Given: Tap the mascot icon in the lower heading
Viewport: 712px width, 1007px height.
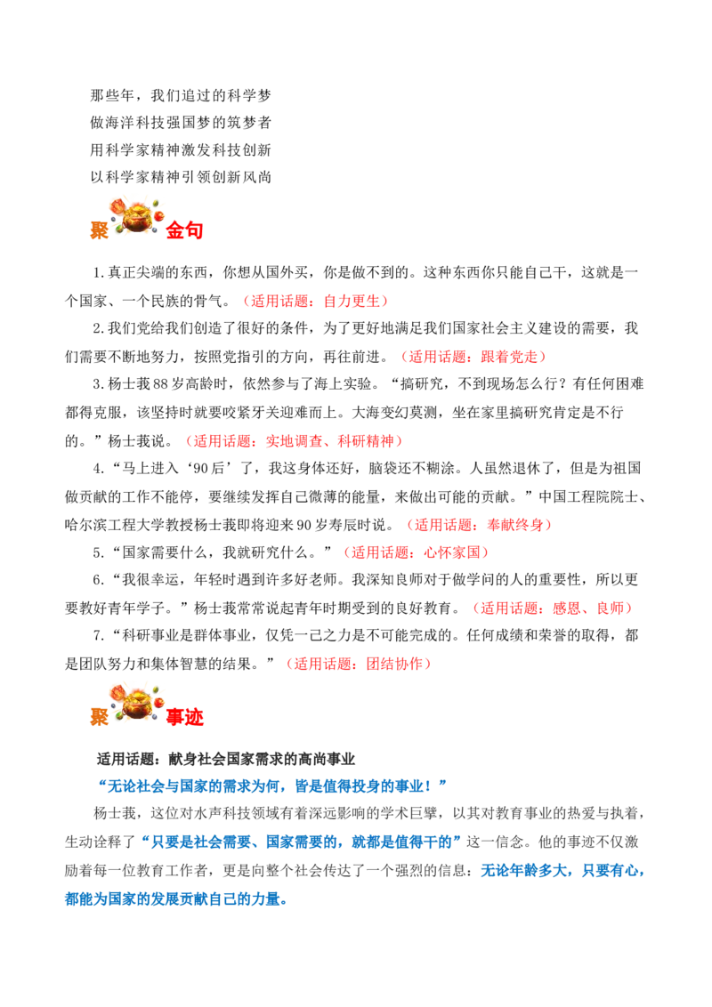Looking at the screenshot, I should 133,703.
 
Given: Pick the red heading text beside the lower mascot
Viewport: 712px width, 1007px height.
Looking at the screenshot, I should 185,718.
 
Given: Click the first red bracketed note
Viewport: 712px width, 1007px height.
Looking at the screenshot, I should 316,302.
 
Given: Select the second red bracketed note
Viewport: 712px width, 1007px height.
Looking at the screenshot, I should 473,357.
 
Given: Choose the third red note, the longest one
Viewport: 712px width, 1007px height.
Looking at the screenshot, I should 295,440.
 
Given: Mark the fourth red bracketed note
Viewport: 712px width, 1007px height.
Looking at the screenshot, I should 480,525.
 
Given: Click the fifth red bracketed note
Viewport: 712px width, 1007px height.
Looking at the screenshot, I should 416,552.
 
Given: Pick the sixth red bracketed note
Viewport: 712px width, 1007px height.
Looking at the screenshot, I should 552,609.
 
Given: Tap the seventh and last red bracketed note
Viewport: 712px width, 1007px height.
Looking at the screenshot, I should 359,664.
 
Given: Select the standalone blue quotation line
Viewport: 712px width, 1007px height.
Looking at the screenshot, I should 271,785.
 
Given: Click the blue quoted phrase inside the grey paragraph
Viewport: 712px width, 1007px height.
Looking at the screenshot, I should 303,842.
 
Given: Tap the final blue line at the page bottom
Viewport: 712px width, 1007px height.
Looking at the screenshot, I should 178,900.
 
